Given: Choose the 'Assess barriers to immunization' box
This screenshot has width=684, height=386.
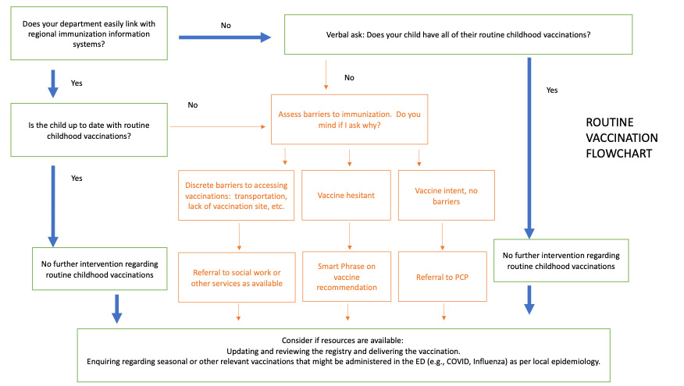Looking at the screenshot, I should coord(348,119).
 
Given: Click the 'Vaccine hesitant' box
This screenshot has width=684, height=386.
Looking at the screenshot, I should coord(348,195).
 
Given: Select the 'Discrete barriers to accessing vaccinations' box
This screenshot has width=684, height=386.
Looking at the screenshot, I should coord(237,195).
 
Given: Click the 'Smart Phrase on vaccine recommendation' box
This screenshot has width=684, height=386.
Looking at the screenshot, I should coord(348,276).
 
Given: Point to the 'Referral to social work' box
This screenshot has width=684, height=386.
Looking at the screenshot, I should coord(237,276).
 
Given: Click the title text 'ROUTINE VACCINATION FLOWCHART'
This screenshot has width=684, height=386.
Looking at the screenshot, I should coord(622,137).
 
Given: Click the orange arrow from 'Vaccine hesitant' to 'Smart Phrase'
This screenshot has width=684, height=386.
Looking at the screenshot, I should coord(348,235).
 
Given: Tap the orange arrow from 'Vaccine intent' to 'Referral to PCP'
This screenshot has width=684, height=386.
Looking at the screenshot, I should coord(444,235).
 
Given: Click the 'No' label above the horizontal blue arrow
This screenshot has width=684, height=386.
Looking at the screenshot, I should coord(226,24).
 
